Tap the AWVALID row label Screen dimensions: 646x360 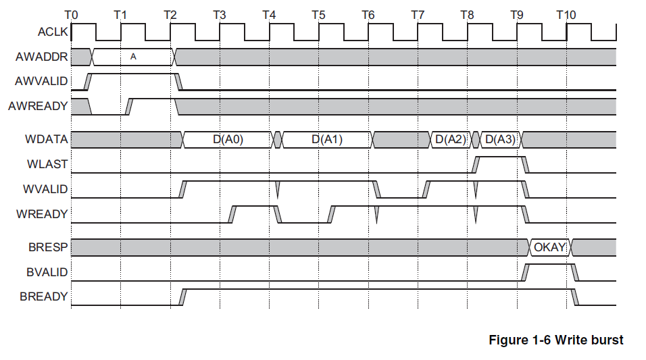(41, 82)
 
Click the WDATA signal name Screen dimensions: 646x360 (47, 140)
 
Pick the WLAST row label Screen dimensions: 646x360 (49, 164)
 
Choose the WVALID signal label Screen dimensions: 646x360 (45, 189)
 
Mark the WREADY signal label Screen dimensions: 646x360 (43, 214)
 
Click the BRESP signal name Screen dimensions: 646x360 (49, 247)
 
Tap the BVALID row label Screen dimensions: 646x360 (46, 272)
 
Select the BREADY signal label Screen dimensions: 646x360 (44, 297)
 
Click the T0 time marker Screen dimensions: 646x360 (71, 14)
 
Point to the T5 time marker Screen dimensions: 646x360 (319, 14)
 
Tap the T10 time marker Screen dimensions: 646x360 (566, 14)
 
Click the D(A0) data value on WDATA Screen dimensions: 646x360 (228, 140)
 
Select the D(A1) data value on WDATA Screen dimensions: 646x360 (327, 140)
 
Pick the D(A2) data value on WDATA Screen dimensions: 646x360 (451, 140)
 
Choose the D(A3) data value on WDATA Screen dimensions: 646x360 (500, 140)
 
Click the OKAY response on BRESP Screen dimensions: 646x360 (549, 247)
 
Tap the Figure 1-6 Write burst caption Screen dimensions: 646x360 (555, 340)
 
